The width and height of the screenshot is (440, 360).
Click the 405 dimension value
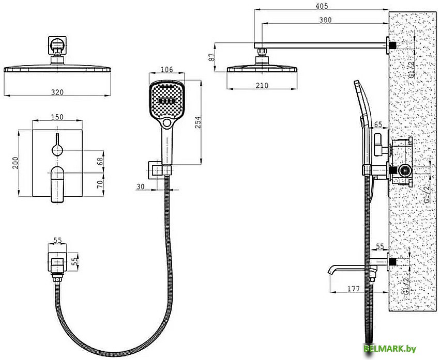[322, 6]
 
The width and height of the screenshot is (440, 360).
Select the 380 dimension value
[325, 20]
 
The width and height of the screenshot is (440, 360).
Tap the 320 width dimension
[57, 92]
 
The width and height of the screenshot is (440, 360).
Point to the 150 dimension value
[57, 116]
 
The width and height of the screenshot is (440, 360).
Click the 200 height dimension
[15, 163]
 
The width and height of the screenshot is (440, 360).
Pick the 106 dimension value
[167, 69]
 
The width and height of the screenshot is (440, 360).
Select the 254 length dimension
[198, 122]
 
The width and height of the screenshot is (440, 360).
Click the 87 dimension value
[212, 57]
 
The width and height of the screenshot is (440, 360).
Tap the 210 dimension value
[262, 85]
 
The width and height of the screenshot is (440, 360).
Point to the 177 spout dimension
[353, 289]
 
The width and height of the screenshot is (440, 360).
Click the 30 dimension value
[141, 186]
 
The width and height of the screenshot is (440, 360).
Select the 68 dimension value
[100, 162]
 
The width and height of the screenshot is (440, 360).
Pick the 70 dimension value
[100, 184]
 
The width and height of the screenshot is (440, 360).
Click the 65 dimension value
[378, 124]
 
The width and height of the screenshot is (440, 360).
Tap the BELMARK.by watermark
[390, 349]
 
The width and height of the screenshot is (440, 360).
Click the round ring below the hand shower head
[167, 123]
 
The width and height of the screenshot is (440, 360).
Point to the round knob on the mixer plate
[57, 150]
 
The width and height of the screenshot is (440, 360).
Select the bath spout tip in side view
[329, 271]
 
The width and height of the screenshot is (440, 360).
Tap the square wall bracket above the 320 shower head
[57, 45]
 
